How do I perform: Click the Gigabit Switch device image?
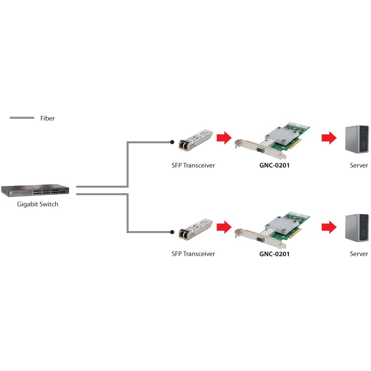[x=35, y=190]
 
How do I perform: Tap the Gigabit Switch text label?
[x=37, y=204]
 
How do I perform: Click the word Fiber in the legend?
[x=47, y=118]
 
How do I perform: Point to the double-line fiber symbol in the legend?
[x=22, y=118]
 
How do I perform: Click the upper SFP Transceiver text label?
[x=193, y=165]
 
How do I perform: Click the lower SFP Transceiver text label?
[x=193, y=254]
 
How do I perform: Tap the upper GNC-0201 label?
[x=275, y=165]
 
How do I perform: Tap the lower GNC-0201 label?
[x=275, y=254]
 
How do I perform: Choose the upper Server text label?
[x=359, y=165]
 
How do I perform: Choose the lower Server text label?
[x=359, y=254]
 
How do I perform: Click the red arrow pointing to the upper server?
[x=329, y=138]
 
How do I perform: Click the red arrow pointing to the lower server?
[x=329, y=227]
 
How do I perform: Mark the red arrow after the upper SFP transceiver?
[x=223, y=138]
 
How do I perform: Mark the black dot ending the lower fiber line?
[x=172, y=232]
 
